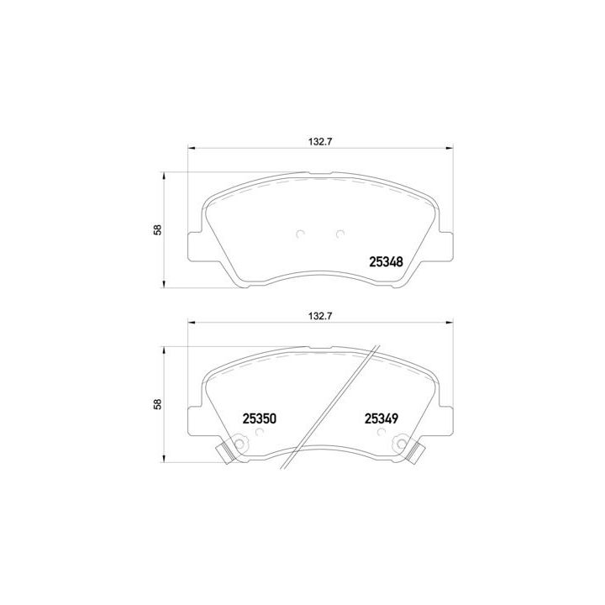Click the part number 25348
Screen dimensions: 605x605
pos(386,262)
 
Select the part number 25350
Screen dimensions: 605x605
pos(260,418)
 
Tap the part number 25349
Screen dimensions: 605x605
pos(381,418)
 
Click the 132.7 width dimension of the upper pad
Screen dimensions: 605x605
pos(320,142)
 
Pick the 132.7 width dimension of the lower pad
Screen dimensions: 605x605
pos(320,317)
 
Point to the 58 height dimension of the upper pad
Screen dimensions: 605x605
pos(158,229)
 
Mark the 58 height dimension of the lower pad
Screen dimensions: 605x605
pos(158,404)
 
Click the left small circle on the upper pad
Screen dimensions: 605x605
pos(300,234)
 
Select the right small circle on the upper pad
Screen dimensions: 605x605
pos(340,234)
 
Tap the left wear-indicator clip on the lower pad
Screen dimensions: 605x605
pos(224,453)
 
